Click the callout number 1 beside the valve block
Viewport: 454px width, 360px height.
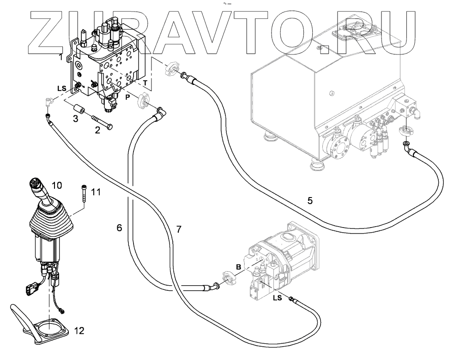pos(61,57)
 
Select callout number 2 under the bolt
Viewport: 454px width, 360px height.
pos(97,130)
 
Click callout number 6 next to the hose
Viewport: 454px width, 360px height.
pos(119,227)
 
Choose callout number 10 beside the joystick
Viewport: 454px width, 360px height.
pos(56,186)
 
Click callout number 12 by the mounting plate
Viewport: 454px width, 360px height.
pos(79,330)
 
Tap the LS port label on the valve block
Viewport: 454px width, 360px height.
pos(62,88)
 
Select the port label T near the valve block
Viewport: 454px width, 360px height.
pos(146,83)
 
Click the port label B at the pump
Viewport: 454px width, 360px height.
pos(238,267)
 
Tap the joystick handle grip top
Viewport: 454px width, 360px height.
pos(36,183)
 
